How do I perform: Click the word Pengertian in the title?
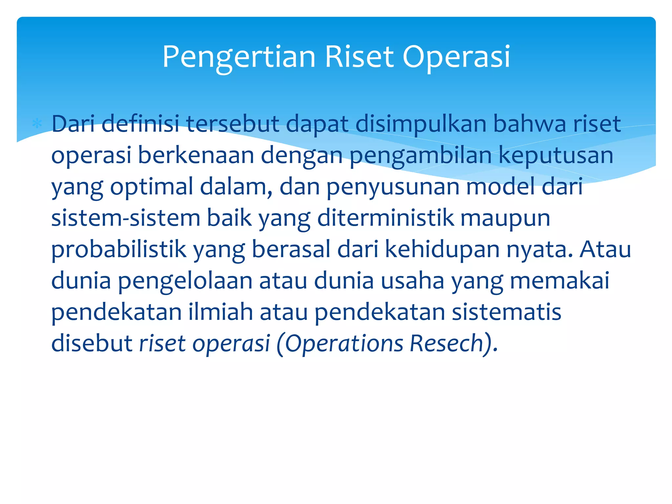(239, 57)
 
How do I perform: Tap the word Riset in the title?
(359, 57)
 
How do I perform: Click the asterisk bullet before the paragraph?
(37, 124)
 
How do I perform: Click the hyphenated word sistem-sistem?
(126, 218)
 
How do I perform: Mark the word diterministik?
(386, 218)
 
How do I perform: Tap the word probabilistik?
(119, 249)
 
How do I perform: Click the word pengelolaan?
(185, 281)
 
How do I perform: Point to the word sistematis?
(507, 312)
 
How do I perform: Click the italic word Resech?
(446, 344)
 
